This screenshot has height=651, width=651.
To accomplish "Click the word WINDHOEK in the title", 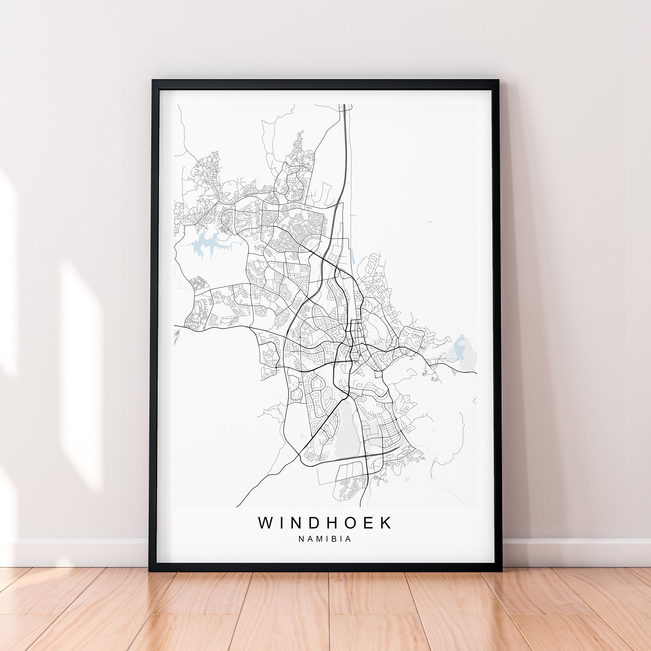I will point(325,523).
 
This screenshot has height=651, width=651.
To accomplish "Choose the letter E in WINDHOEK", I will point(369,523).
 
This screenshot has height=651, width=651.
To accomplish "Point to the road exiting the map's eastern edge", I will point(475,373).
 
